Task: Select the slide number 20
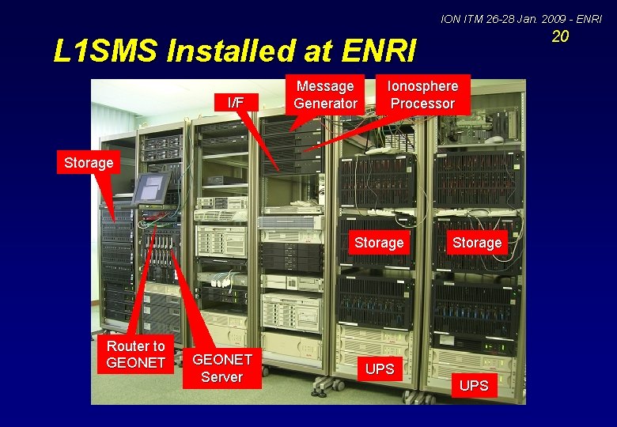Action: pyautogui.click(x=560, y=36)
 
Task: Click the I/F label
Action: pyautogui.click(x=236, y=102)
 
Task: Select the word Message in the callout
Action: pyautogui.click(x=325, y=86)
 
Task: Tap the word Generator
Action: pyautogui.click(x=325, y=104)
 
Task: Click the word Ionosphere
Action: pyautogui.click(x=423, y=86)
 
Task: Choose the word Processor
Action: pyautogui.click(x=423, y=104)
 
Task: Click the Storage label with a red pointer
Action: pyautogui.click(x=88, y=162)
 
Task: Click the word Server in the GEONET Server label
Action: pyautogui.click(x=221, y=377)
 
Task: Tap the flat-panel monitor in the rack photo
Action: pyautogui.click(x=150, y=189)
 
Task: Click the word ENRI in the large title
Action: pyautogui.click(x=380, y=51)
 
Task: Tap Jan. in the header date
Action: pyautogui.click(x=524, y=17)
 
